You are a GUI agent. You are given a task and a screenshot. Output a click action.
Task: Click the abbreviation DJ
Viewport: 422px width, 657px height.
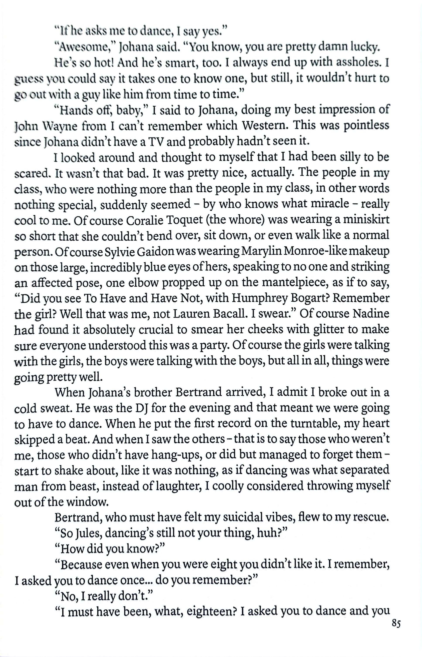point(142,409)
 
